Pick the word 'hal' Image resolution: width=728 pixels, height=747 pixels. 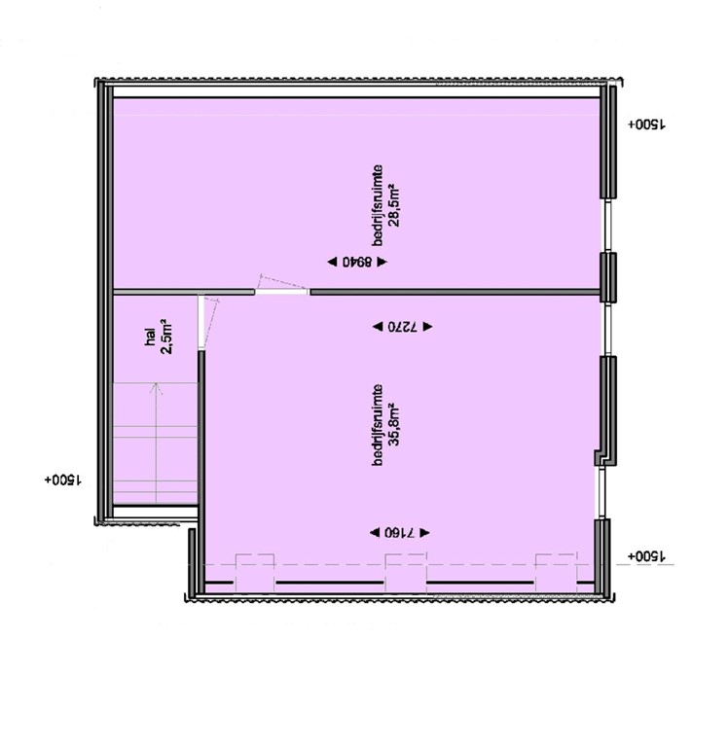(x=150, y=336)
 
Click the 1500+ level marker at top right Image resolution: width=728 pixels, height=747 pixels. (x=645, y=125)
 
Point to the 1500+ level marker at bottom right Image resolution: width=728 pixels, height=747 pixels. (x=645, y=556)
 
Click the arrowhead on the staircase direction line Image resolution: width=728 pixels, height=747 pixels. (x=155, y=387)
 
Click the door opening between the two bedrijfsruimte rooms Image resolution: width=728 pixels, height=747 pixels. (x=282, y=290)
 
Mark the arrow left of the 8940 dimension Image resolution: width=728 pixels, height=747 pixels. (x=332, y=262)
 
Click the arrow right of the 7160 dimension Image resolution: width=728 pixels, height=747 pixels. (x=425, y=533)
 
